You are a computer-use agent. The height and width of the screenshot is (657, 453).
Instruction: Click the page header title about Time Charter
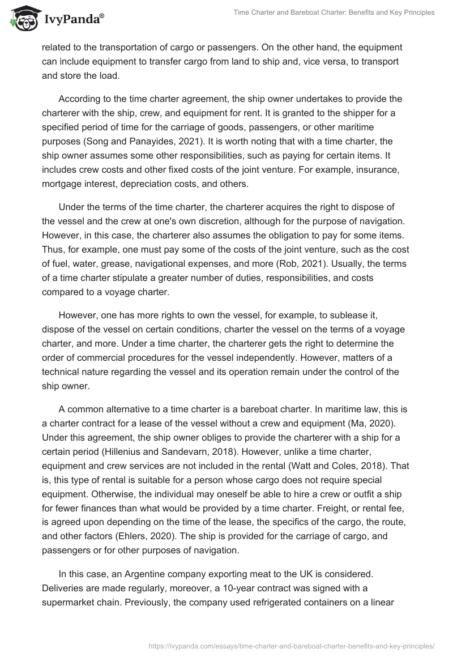(x=334, y=12)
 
